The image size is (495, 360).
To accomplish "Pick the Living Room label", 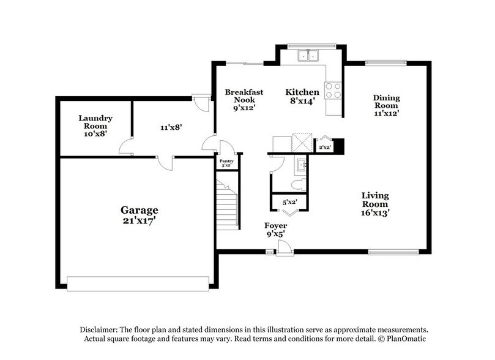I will (375, 204).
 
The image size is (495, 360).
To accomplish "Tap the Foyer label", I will (275, 229).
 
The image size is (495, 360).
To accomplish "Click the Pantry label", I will (226, 163).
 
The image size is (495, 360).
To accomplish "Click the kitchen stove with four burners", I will (333, 91).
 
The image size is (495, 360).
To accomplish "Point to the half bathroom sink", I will (300, 165).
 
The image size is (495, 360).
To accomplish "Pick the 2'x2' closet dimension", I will (324, 147).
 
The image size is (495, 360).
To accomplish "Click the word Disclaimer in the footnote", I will (100, 329).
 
